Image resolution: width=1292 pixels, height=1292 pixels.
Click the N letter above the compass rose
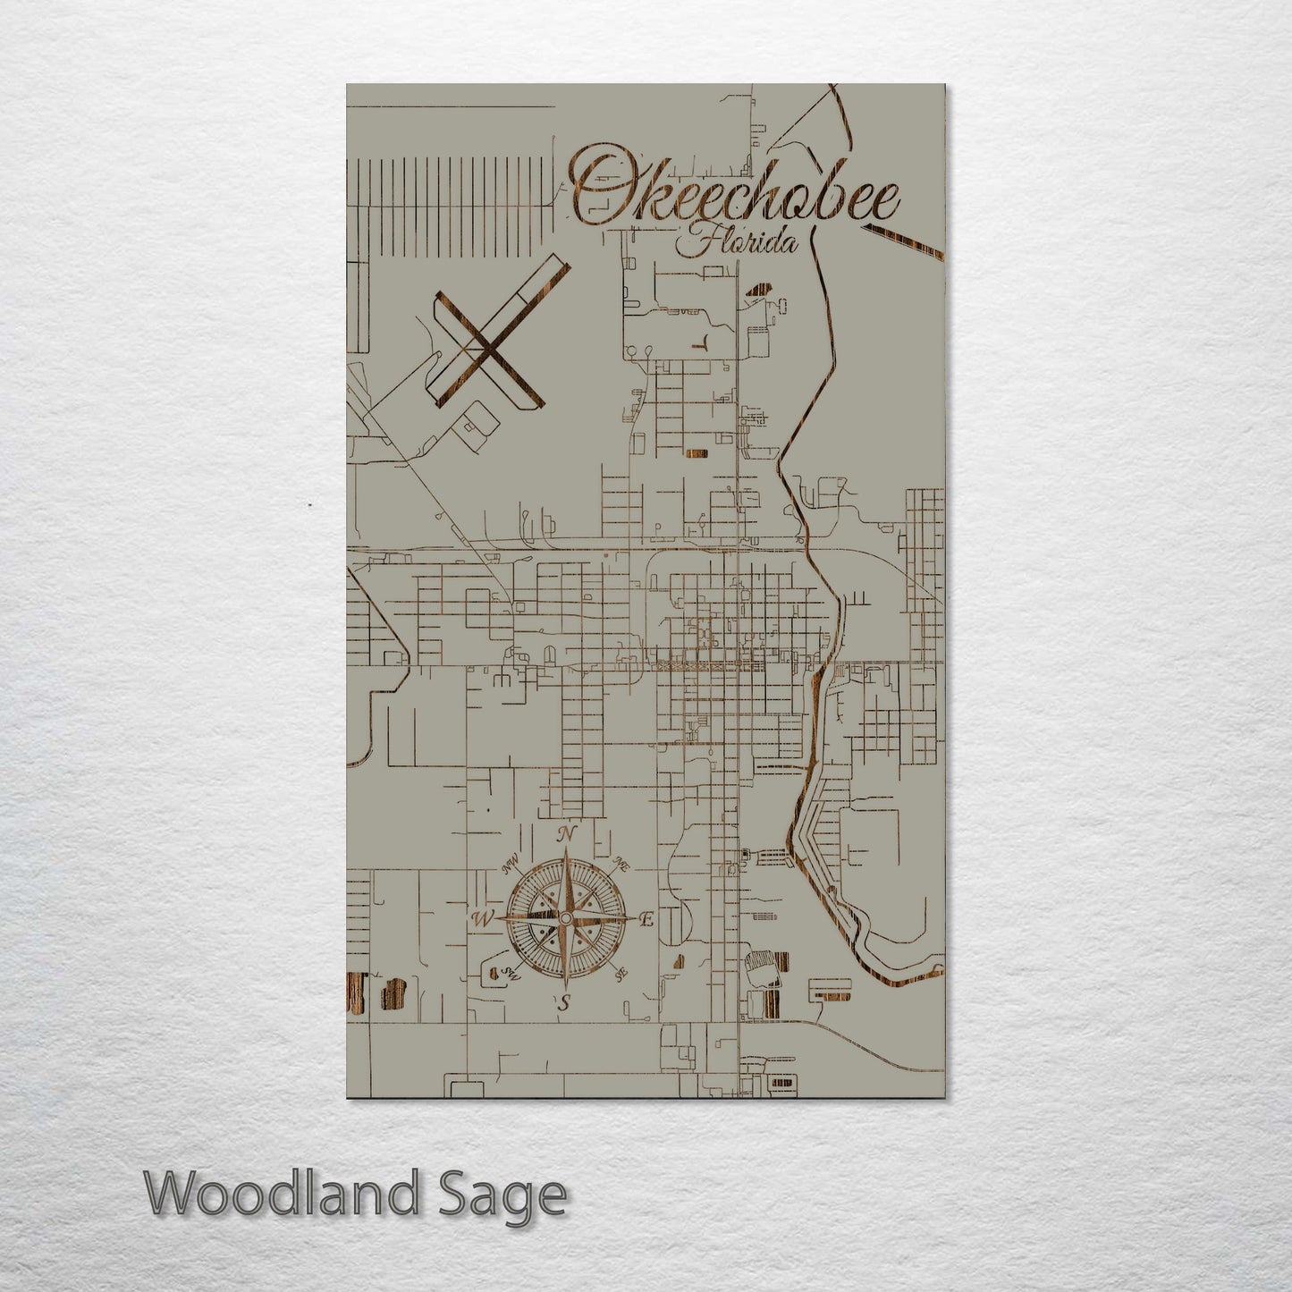tap(565, 834)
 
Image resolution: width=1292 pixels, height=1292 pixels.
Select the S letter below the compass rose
tap(563, 1003)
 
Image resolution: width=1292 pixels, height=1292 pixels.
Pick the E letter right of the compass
tap(647, 919)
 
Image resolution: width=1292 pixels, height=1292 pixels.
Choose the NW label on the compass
tap(511, 866)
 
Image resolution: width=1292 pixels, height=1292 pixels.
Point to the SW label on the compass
tap(511, 974)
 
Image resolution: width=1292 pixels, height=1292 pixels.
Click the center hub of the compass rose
tap(565, 919)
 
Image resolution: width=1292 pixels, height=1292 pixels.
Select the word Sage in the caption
tap(512, 1195)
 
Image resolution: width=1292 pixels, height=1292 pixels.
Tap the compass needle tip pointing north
tap(565, 851)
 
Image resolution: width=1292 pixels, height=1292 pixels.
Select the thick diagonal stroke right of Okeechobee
tap(903, 242)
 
